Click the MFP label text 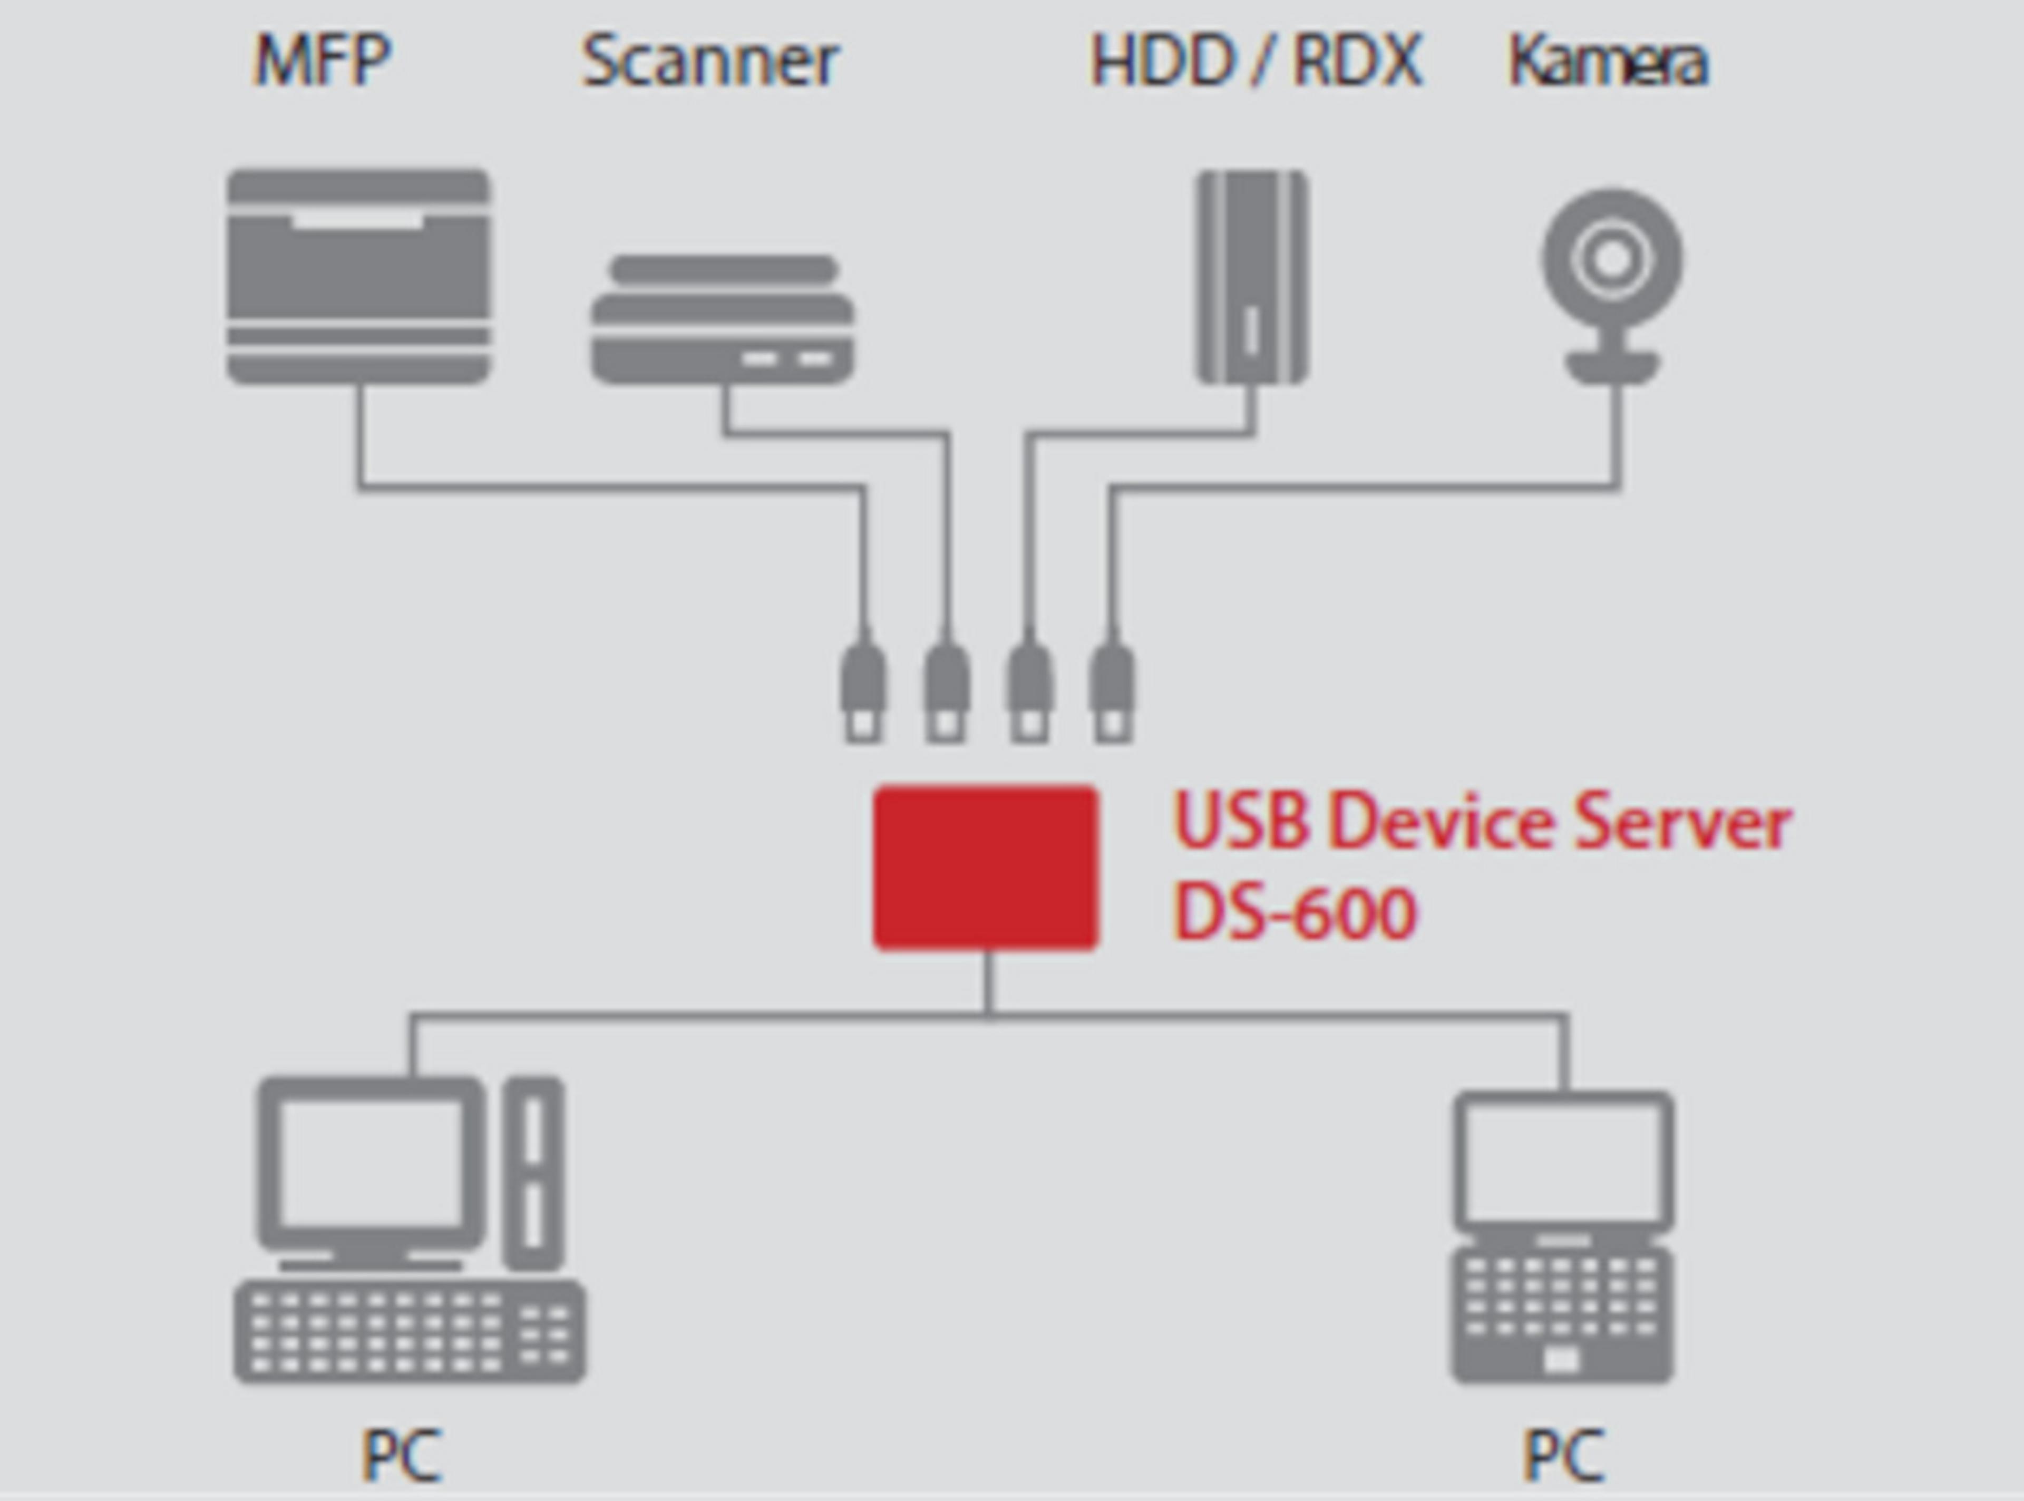point(323,61)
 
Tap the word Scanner point(711,62)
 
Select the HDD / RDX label point(1257,62)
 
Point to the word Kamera point(1608,62)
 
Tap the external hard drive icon point(1252,277)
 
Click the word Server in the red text point(1681,822)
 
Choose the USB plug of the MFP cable point(862,690)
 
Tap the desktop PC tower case point(533,1172)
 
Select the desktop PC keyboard point(409,1331)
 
